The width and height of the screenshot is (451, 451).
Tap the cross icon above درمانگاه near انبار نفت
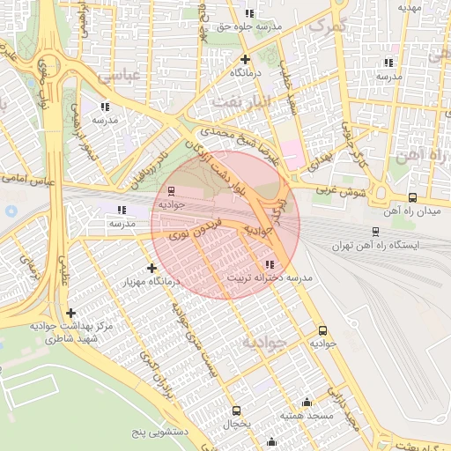tap(245, 59)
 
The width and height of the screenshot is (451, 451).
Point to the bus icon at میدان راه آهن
tap(413, 198)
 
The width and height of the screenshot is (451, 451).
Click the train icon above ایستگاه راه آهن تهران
tap(375, 231)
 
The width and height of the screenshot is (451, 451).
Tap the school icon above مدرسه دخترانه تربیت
tap(269, 264)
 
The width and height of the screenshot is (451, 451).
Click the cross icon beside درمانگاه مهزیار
tap(152, 268)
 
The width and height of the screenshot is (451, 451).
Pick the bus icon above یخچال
tap(236, 410)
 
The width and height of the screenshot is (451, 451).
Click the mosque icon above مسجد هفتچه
tap(307, 402)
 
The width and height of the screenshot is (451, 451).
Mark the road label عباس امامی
tap(31, 180)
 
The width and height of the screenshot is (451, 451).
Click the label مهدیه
tap(411, 7)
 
